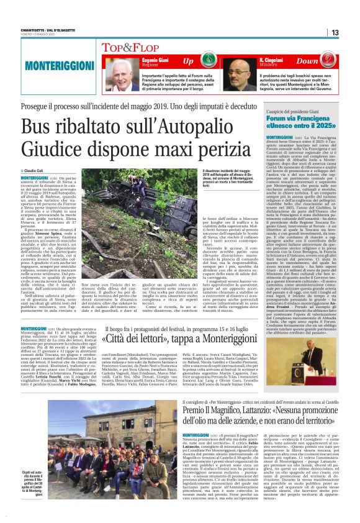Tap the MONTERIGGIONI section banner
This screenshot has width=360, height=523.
(51, 65)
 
